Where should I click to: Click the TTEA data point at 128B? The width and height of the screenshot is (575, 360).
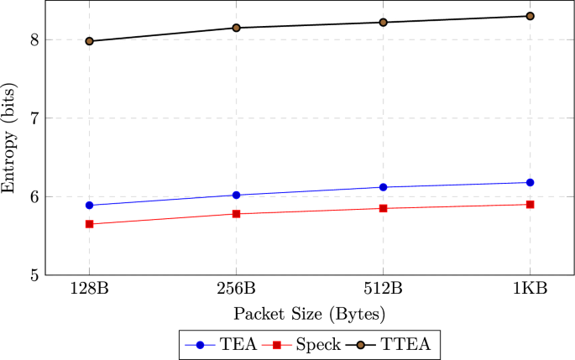(89, 41)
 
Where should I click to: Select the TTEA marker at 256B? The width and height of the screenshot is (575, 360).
(236, 28)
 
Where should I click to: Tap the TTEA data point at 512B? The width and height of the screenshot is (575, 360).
(384, 22)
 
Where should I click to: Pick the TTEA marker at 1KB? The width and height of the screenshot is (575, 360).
(531, 16)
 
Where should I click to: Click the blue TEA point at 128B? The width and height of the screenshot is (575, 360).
(89, 205)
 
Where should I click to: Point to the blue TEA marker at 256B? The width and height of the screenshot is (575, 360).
(236, 195)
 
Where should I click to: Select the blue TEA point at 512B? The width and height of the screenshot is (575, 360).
(384, 187)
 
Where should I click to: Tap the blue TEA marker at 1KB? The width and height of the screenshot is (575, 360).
(531, 182)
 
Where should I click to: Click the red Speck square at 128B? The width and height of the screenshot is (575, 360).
(89, 224)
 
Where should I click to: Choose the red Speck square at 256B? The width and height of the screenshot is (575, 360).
(236, 214)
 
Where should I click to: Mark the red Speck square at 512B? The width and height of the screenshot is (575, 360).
(384, 208)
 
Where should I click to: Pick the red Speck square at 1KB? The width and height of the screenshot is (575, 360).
(531, 204)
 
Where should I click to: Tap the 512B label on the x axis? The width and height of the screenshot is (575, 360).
(384, 290)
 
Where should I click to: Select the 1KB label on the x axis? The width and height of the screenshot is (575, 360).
(531, 290)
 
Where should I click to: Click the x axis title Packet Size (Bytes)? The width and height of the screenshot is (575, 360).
(310, 316)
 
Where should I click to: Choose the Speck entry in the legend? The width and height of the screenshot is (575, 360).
(310, 344)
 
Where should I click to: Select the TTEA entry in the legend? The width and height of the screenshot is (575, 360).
(395, 344)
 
